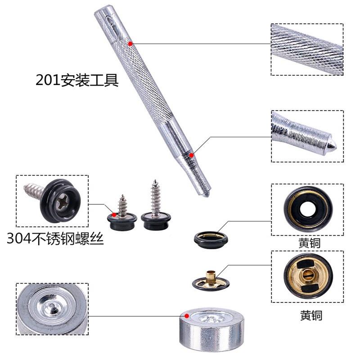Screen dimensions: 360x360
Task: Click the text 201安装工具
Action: tap(77, 81)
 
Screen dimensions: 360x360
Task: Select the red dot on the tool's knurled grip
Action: tap(130, 43)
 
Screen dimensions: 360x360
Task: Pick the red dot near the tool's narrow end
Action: tap(192, 155)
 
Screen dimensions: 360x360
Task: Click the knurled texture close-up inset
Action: tap(307, 49)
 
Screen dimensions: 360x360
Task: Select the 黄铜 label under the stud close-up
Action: tap(311, 315)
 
